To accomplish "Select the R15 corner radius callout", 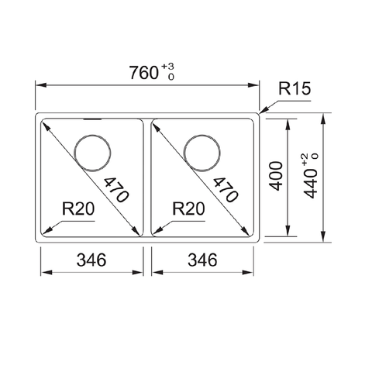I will (x=294, y=91).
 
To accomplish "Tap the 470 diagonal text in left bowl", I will (x=113, y=188).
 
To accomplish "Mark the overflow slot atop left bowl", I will (x=91, y=120).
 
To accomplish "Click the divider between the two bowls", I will (x=148, y=178).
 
